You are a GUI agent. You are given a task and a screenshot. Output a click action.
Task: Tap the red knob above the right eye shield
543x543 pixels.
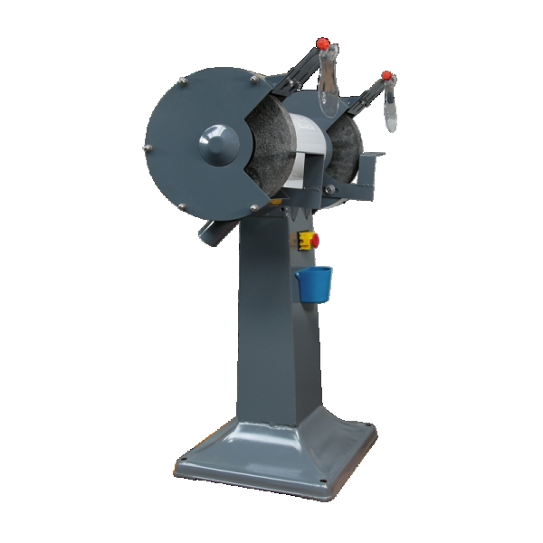tap(386, 75)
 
